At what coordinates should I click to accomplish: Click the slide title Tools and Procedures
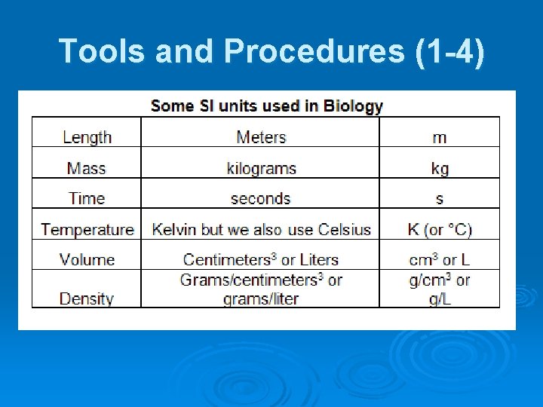271,50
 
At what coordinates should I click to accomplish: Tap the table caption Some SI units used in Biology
266,106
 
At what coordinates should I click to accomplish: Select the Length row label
87,137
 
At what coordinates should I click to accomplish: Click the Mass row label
87,168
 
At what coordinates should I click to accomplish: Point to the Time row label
87,198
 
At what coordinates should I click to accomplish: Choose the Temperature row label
87,229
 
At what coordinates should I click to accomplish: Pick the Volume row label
87,259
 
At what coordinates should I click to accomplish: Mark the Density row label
87,298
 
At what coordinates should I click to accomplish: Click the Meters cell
261,137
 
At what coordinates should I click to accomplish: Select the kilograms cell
261,168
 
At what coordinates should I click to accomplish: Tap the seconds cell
261,198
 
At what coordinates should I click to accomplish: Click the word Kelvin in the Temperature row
174,229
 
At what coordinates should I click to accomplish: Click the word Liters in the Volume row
319,259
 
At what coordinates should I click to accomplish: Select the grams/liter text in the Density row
261,299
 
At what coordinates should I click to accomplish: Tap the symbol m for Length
439,137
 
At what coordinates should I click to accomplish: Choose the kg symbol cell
439,168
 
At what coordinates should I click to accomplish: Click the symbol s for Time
439,199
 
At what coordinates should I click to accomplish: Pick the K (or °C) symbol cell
439,229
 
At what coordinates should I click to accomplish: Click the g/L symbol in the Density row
439,299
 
